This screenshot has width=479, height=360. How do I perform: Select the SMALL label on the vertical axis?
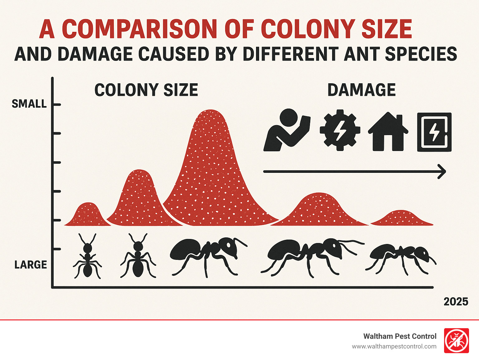click(29, 104)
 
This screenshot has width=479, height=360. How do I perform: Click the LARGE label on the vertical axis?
click(31, 265)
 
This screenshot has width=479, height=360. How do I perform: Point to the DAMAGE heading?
click(361, 90)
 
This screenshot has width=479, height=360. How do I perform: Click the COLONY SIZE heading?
click(146, 90)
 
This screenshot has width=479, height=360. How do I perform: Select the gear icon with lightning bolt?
click(340, 130)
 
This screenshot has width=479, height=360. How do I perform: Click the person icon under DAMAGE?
click(286, 130)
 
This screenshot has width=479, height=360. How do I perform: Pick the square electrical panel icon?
click(434, 132)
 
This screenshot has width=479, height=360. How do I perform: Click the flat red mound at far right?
click(401, 218)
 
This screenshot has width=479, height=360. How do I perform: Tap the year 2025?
click(456, 302)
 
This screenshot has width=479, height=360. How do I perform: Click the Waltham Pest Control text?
click(399, 336)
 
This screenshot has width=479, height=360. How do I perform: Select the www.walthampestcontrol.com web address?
click(394, 346)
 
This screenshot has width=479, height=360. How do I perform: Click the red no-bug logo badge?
click(456, 340)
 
